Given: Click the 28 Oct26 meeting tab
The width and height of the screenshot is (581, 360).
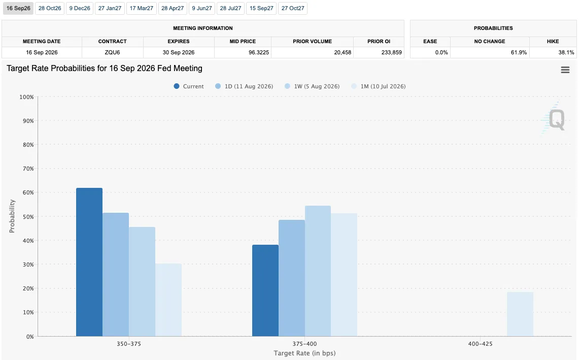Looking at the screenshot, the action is (50, 8).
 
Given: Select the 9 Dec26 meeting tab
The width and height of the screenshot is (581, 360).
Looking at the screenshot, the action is (80, 8).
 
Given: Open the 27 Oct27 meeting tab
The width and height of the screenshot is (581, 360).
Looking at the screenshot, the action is (293, 8).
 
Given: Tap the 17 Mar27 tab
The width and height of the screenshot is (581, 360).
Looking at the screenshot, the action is (141, 8).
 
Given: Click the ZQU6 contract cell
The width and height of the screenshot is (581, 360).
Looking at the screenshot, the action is (112, 52).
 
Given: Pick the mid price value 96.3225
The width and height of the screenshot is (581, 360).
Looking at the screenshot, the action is (259, 52).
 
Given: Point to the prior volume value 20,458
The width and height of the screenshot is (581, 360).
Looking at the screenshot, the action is (343, 52).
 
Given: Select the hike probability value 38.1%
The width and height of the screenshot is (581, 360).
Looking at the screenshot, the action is (566, 52).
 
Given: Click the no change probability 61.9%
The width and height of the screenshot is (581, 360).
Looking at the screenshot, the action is (519, 52).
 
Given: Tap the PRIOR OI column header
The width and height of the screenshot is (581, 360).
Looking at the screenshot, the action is (379, 42).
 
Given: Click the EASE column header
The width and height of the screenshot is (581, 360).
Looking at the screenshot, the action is (430, 42).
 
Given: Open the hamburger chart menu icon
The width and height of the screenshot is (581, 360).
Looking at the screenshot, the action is (565, 70).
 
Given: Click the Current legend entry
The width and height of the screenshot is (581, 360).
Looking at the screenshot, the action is (189, 86).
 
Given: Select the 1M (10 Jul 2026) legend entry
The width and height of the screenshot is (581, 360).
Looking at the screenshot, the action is (379, 86).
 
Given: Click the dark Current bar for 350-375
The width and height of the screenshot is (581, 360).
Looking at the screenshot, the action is (89, 262).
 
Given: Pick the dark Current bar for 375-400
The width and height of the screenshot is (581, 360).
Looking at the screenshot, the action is (265, 290).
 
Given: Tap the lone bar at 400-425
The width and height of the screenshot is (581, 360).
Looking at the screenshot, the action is (520, 314).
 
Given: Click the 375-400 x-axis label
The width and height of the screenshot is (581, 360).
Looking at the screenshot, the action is (304, 344).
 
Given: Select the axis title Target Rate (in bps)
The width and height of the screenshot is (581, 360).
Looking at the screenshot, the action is (304, 353).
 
